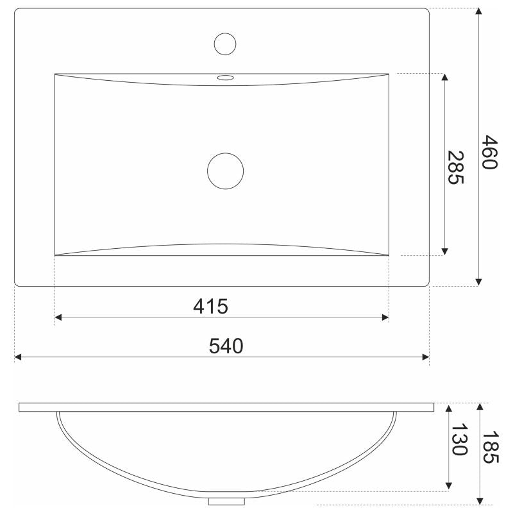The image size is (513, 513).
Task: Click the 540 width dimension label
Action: click(x=226, y=346)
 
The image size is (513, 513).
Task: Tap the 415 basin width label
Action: click(x=210, y=307)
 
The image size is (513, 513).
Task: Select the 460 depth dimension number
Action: click(x=490, y=152)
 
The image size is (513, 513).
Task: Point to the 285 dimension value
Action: click(x=456, y=167)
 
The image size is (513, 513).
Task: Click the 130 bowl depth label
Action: click(x=459, y=439)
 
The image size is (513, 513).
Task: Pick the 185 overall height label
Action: click(x=491, y=447)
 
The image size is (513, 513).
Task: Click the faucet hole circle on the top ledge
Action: click(x=225, y=44)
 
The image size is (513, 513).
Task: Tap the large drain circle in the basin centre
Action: click(x=226, y=171)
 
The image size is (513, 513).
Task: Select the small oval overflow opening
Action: click(x=226, y=78)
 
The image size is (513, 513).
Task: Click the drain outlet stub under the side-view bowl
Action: click(x=227, y=501)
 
